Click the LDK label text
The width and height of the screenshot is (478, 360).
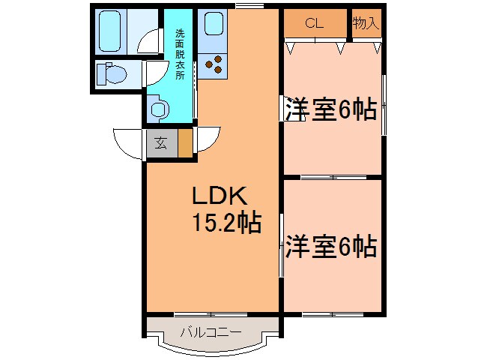tap(220, 196)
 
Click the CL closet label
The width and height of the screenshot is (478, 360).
tap(314, 22)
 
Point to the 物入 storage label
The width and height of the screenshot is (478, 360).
tap(366, 22)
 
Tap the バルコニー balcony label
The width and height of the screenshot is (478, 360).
tap(211, 331)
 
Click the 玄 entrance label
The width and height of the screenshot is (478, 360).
tap(161, 142)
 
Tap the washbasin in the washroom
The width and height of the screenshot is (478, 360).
tap(160, 109)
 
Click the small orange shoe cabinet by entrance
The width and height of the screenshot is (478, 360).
tap(184, 142)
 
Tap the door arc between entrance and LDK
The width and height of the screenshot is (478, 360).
tap(209, 141)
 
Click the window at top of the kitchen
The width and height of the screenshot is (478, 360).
tap(249, 7)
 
